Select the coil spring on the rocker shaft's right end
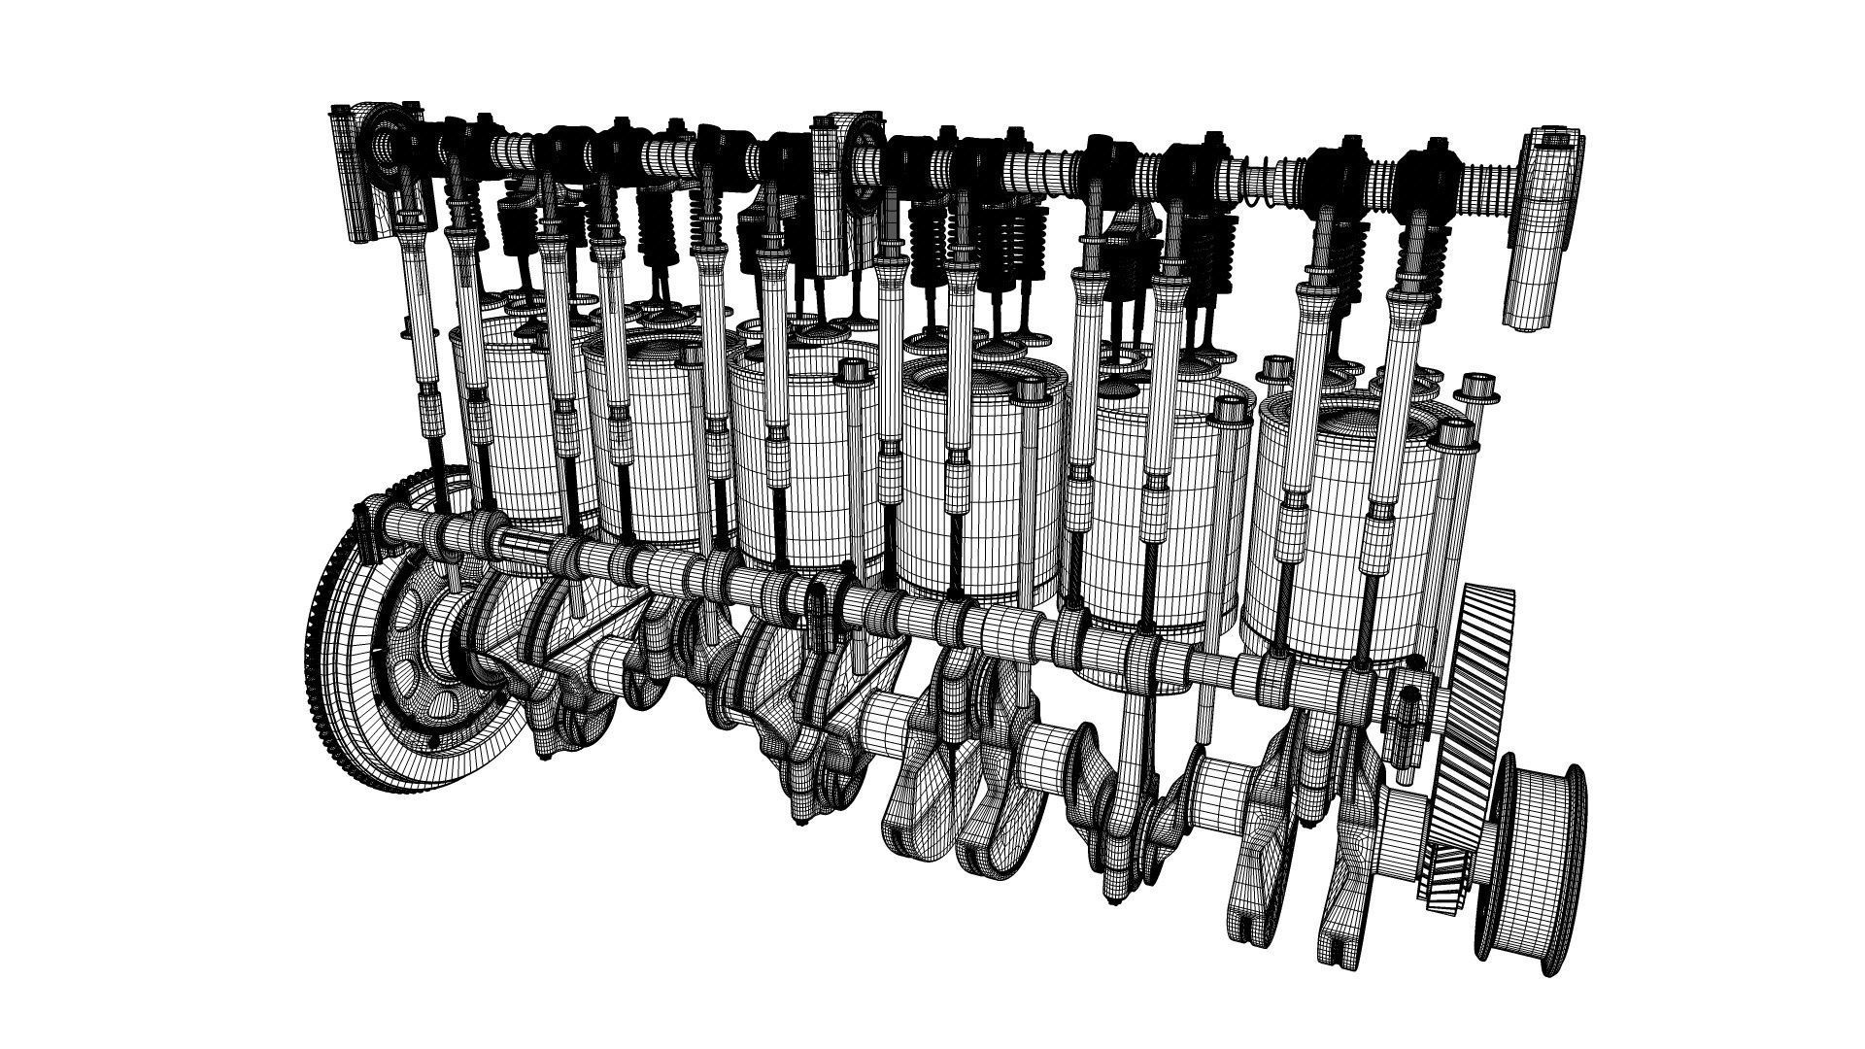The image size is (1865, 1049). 1491,181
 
